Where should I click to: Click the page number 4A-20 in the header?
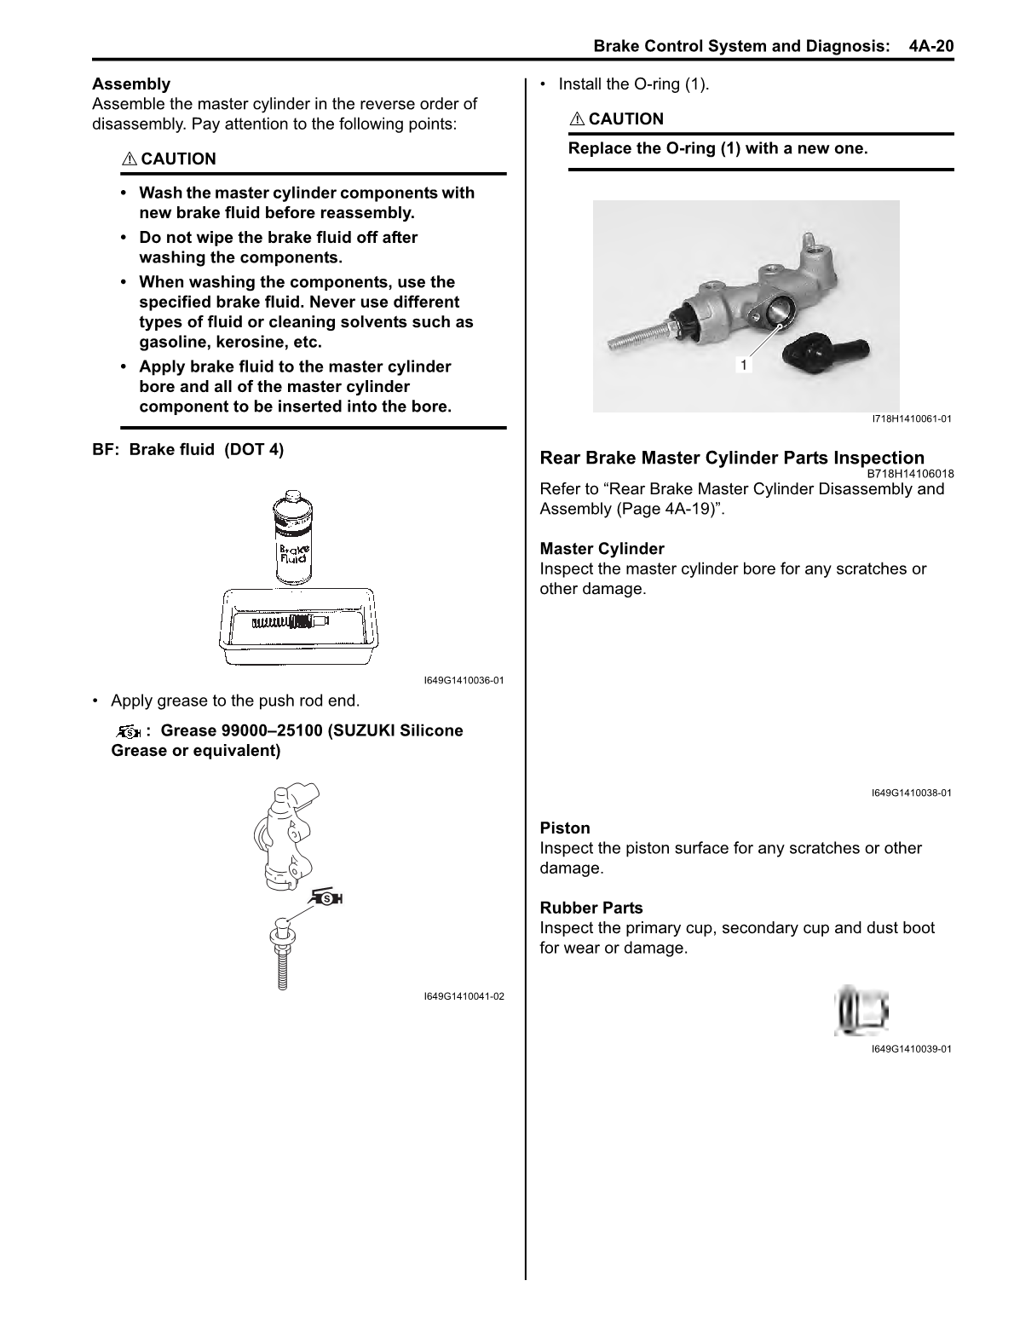pyautogui.click(x=930, y=45)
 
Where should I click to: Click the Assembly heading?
pyautogui.click(x=131, y=84)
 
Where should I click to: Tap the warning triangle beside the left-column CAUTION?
pyautogui.click(x=130, y=159)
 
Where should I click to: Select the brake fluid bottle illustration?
pyautogui.click(x=291, y=538)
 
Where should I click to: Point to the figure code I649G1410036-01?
pyautogui.click(x=464, y=681)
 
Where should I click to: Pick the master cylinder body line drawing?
pyautogui.click(x=285, y=839)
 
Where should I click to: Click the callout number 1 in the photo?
pyautogui.click(x=743, y=365)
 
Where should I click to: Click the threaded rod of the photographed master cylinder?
pyautogui.click(x=640, y=336)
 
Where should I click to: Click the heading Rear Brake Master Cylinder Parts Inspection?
pyautogui.click(x=732, y=459)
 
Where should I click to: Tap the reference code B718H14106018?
pyautogui.click(x=910, y=474)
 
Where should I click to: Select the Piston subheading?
pyautogui.click(x=565, y=828)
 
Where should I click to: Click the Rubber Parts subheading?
pyautogui.click(x=591, y=909)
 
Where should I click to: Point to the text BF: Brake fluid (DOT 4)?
pyautogui.click(x=188, y=450)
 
